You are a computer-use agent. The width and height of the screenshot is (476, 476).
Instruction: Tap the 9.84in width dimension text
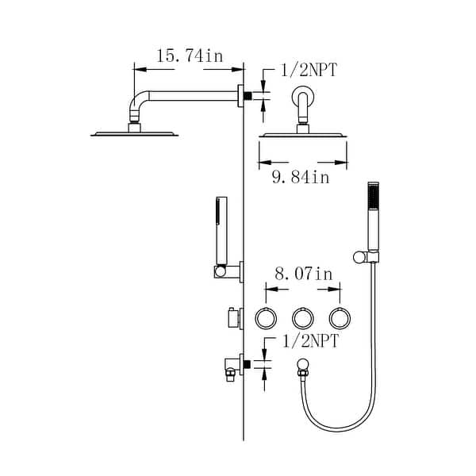click(301, 178)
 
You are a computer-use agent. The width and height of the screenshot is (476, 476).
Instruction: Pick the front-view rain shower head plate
click(302, 136)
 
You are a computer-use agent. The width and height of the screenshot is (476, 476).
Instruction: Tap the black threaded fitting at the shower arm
click(248, 96)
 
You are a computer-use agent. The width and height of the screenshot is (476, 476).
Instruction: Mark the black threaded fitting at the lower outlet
click(248, 364)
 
